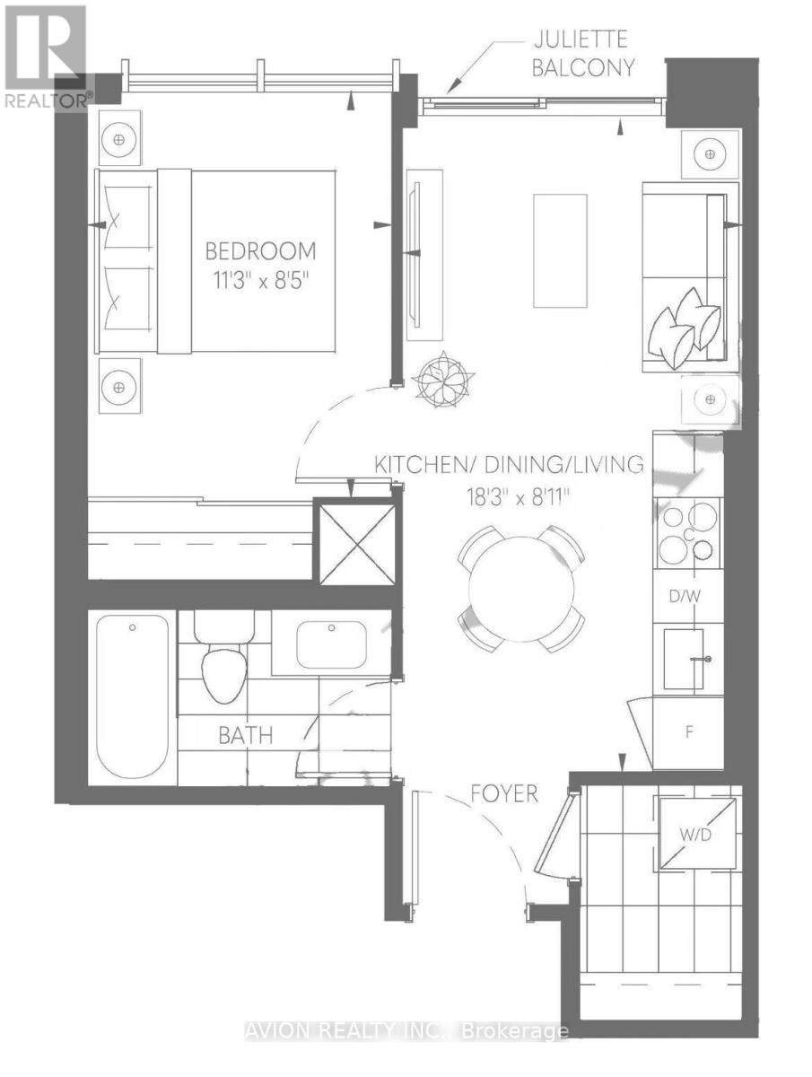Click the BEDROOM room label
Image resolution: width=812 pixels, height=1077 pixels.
pyautogui.click(x=260, y=251)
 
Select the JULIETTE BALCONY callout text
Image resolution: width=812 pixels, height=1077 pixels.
pyautogui.click(x=582, y=54)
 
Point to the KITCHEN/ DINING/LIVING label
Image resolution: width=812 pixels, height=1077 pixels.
pyautogui.click(x=509, y=464)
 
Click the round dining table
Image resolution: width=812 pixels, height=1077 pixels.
pyautogui.click(x=520, y=590)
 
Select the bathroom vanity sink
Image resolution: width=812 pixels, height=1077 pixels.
pyautogui.click(x=331, y=644)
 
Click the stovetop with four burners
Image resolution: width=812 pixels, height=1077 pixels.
pyautogui.click(x=687, y=532)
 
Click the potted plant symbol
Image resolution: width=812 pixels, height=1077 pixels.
pyautogui.click(x=443, y=379)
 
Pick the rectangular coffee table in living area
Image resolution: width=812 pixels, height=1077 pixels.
pyautogui.click(x=560, y=250)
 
